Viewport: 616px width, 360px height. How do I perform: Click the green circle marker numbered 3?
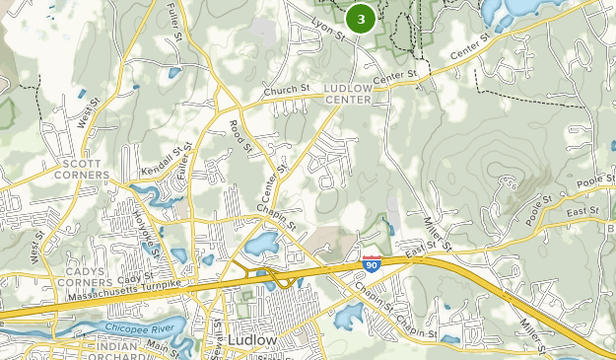[362, 19]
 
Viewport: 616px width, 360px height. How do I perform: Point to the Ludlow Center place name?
[348, 93]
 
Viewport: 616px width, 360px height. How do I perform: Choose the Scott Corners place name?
[82, 169]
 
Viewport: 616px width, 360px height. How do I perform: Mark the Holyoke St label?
[148, 233]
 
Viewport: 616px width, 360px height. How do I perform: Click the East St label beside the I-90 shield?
[414, 254]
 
